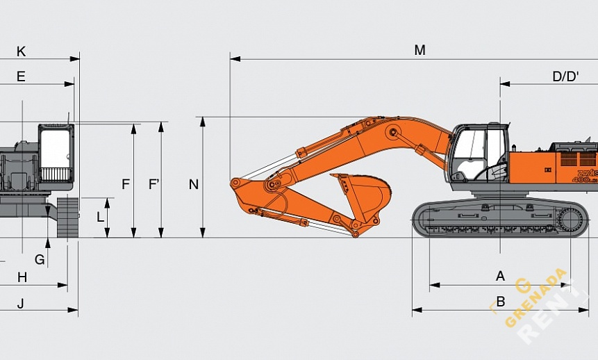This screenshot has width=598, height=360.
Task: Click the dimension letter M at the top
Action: pyautogui.click(x=420, y=50)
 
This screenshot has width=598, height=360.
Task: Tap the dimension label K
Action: pyautogui.click(x=21, y=51)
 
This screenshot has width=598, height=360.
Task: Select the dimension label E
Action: pyautogui.click(x=21, y=76)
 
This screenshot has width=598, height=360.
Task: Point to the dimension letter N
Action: pyautogui.click(x=194, y=184)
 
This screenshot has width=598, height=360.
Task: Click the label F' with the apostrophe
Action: pyautogui.click(x=154, y=184)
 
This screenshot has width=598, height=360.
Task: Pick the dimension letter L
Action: pyautogui.click(x=100, y=217)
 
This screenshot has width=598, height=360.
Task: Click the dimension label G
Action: pyautogui.click(x=40, y=259)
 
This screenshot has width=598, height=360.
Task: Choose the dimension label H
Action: pyautogui.click(x=22, y=277)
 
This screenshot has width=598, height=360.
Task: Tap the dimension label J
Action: pyautogui.click(x=21, y=303)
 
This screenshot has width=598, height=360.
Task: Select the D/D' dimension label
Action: pyautogui.click(x=565, y=76)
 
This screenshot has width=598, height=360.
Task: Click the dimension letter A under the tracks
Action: pyautogui.click(x=500, y=276)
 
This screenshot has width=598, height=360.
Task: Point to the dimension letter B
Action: pyautogui.click(x=500, y=302)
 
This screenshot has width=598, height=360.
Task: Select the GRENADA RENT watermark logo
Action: pyautogui.click(x=542, y=306)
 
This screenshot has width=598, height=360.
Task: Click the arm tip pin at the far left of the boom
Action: pyautogui.click(x=236, y=183)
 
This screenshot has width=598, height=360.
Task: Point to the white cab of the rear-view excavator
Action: pyautogui.click(x=56, y=153)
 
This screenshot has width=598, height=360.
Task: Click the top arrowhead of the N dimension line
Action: pyautogui.click(x=203, y=120)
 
